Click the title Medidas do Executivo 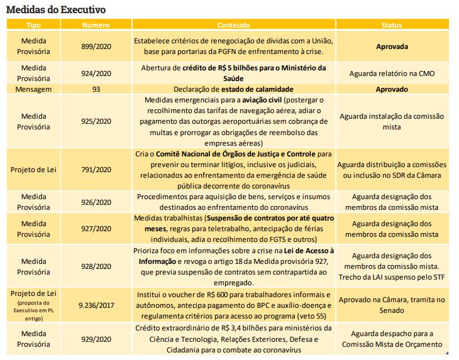(55, 9)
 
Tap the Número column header (96, 25)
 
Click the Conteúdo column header (233, 25)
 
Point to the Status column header (392, 25)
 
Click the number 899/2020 (96, 46)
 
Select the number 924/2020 (96, 73)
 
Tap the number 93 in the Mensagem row (96, 89)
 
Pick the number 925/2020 (96, 121)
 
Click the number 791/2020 (96, 170)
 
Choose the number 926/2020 (96, 202)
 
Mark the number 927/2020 (96, 229)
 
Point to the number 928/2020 (96, 266)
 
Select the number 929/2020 (96, 339)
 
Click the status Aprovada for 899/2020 (392, 46)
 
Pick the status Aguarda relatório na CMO (392, 73)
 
